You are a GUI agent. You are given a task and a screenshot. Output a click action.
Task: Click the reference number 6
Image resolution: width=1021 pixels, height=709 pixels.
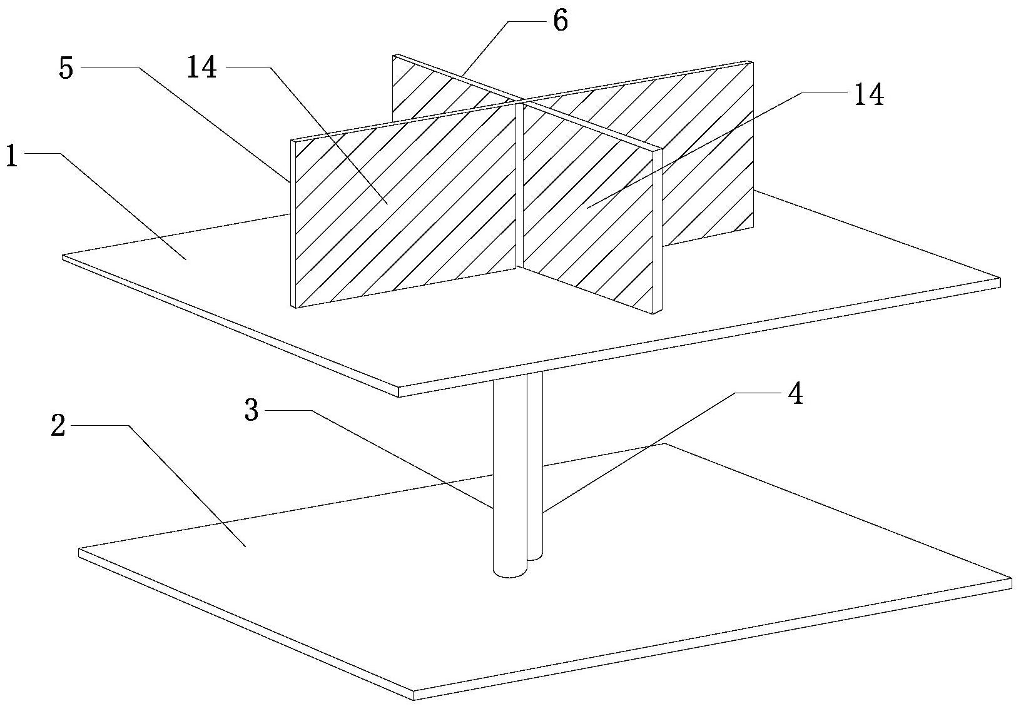point(560,21)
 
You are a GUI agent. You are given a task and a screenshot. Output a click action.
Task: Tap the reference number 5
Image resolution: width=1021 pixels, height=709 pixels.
point(66,68)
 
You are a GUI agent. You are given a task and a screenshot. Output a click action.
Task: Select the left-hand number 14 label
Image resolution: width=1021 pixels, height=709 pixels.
point(201,67)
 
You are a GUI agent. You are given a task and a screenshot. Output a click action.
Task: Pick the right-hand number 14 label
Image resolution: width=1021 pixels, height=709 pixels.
point(866,96)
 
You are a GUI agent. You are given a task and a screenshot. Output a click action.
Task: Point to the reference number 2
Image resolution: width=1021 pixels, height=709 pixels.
point(58,427)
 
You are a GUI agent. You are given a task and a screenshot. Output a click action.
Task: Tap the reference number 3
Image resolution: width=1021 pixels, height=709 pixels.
point(251,411)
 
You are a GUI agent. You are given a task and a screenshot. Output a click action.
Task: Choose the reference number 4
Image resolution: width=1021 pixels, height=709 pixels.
point(795,395)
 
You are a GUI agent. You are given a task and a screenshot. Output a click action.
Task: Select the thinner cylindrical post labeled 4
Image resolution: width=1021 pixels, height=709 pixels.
point(536,463)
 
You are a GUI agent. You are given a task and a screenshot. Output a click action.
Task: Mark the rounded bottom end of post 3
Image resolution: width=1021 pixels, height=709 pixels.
point(509,570)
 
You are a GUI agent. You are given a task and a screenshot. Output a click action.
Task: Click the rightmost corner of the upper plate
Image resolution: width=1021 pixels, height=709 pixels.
point(997,279)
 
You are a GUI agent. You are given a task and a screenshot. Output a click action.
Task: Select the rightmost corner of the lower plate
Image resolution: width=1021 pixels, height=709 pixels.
point(1010,581)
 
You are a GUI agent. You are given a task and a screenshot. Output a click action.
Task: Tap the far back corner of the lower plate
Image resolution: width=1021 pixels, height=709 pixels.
point(666,443)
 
